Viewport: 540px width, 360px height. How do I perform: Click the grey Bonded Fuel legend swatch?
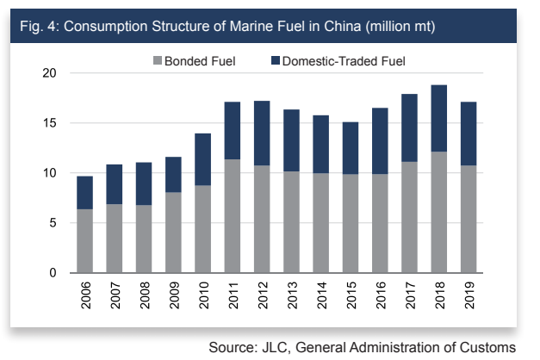click(x=158, y=60)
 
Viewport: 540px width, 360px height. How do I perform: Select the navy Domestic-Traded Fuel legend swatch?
click(x=276, y=60)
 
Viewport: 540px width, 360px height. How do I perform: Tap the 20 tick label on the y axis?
click(x=49, y=73)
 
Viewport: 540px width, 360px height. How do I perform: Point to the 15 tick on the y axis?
click(x=49, y=123)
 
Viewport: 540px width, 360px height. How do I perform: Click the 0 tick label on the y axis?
click(x=53, y=273)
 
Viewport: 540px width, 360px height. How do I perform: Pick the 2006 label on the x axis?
click(x=85, y=295)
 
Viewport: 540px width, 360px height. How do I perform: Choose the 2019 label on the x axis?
click(x=469, y=295)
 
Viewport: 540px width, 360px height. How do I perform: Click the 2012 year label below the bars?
click(x=263, y=295)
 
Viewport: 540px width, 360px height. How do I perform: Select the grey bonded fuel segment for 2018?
click(x=439, y=212)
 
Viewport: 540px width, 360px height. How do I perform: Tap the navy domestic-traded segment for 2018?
click(x=439, y=118)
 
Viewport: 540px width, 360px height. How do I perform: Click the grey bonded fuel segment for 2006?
click(x=84, y=241)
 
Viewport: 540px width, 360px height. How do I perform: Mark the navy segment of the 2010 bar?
click(x=203, y=159)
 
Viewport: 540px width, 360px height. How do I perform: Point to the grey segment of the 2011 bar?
click(x=233, y=216)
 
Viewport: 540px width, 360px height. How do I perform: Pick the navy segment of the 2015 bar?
click(x=351, y=148)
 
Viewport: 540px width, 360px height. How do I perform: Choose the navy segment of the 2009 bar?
click(x=173, y=175)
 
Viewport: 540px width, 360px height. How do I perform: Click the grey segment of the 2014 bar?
click(x=321, y=223)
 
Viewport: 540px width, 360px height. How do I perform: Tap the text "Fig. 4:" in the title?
click(x=40, y=27)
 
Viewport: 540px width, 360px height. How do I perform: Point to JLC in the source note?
click(x=275, y=348)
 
